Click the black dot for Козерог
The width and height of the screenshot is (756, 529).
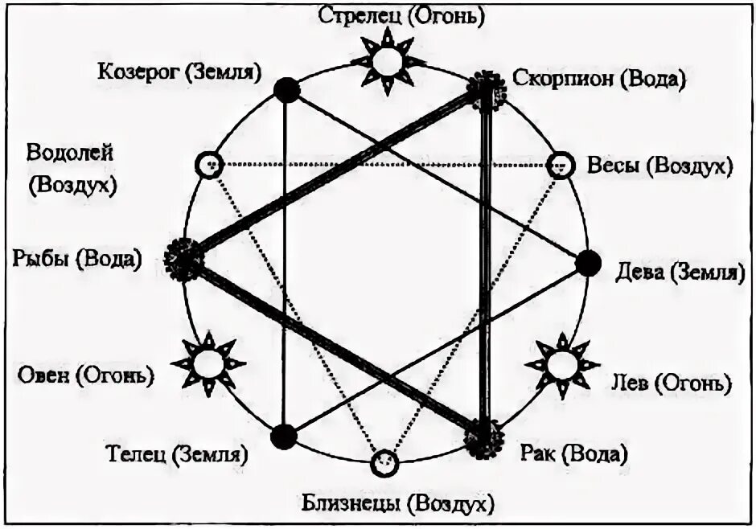[286, 89]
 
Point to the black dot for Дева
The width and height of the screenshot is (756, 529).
[589, 262]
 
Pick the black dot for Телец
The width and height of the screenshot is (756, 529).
[283, 437]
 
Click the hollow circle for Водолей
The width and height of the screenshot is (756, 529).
[207, 165]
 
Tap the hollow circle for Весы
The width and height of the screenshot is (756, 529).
[560, 165]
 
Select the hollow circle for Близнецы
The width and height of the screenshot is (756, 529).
[384, 461]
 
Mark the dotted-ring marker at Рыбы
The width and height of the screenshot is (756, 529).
[183, 259]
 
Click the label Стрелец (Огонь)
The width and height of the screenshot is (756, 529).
[390, 15]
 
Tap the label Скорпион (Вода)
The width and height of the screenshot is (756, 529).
[599, 79]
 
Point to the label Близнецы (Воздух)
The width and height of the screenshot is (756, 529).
[396, 504]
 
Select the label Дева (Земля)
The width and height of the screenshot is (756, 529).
[676, 273]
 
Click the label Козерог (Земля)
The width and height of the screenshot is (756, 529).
[180, 71]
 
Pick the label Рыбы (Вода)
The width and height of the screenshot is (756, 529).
[77, 259]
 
